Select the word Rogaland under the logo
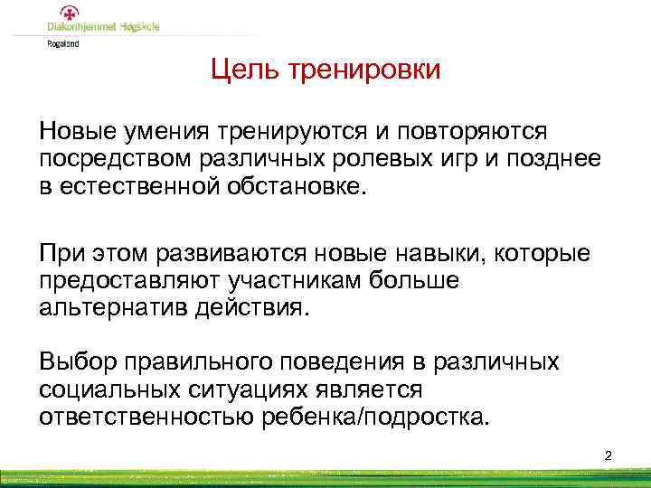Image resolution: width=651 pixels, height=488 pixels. coord(63,42)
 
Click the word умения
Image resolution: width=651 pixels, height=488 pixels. coord(159,132)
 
